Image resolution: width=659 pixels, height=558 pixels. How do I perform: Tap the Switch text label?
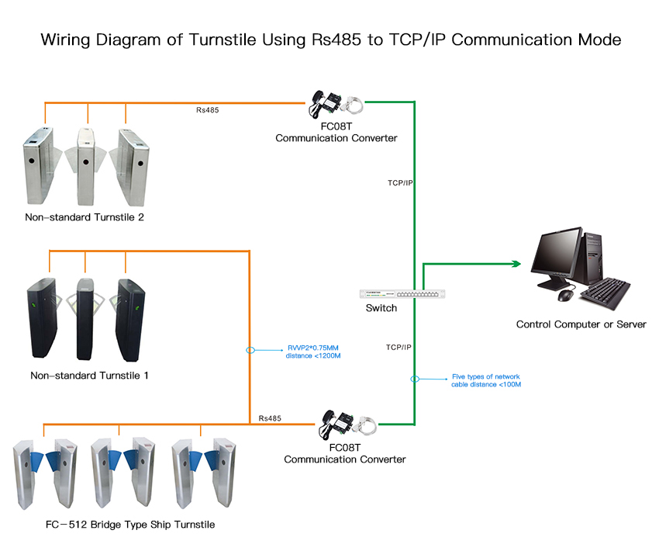coord(381,308)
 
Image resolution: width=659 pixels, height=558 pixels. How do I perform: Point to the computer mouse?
coord(566,295)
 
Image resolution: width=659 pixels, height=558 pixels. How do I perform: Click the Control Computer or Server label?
coord(581,324)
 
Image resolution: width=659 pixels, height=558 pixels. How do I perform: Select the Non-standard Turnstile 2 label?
coord(85,217)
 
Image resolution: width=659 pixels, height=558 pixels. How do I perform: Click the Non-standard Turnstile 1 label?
coord(89,376)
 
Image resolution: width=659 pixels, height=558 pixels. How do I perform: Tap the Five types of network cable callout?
coord(486,380)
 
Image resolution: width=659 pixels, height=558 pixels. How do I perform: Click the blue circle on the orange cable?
coord(250,350)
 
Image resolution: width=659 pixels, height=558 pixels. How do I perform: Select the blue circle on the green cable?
coord(415,380)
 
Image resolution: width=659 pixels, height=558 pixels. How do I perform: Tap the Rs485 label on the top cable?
coord(207,110)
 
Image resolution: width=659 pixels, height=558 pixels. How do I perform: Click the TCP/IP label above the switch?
coord(400,183)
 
